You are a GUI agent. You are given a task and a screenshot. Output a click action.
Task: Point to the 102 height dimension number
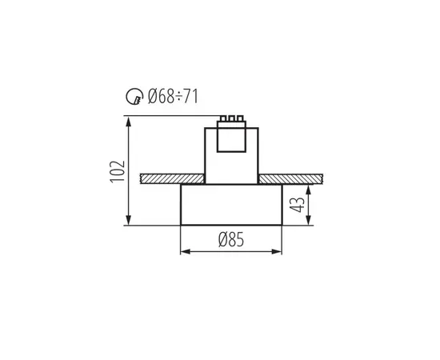pos(117,170)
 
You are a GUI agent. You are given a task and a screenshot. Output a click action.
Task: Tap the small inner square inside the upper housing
pos(231,141)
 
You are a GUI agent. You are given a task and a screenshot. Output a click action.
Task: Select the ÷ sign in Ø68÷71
pos(181,98)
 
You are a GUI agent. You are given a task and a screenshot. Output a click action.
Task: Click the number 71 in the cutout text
pos(192,98)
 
